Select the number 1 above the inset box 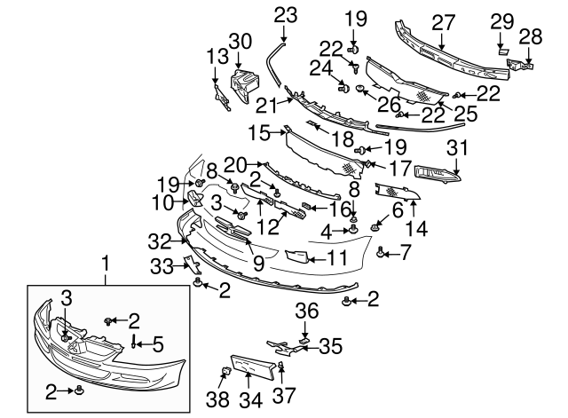click(106, 263)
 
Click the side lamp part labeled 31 click(439, 174)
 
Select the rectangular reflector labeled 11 click(296, 257)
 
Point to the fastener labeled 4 click(354, 232)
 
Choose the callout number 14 click(415, 228)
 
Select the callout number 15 click(258, 133)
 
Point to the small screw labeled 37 click(282, 366)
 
